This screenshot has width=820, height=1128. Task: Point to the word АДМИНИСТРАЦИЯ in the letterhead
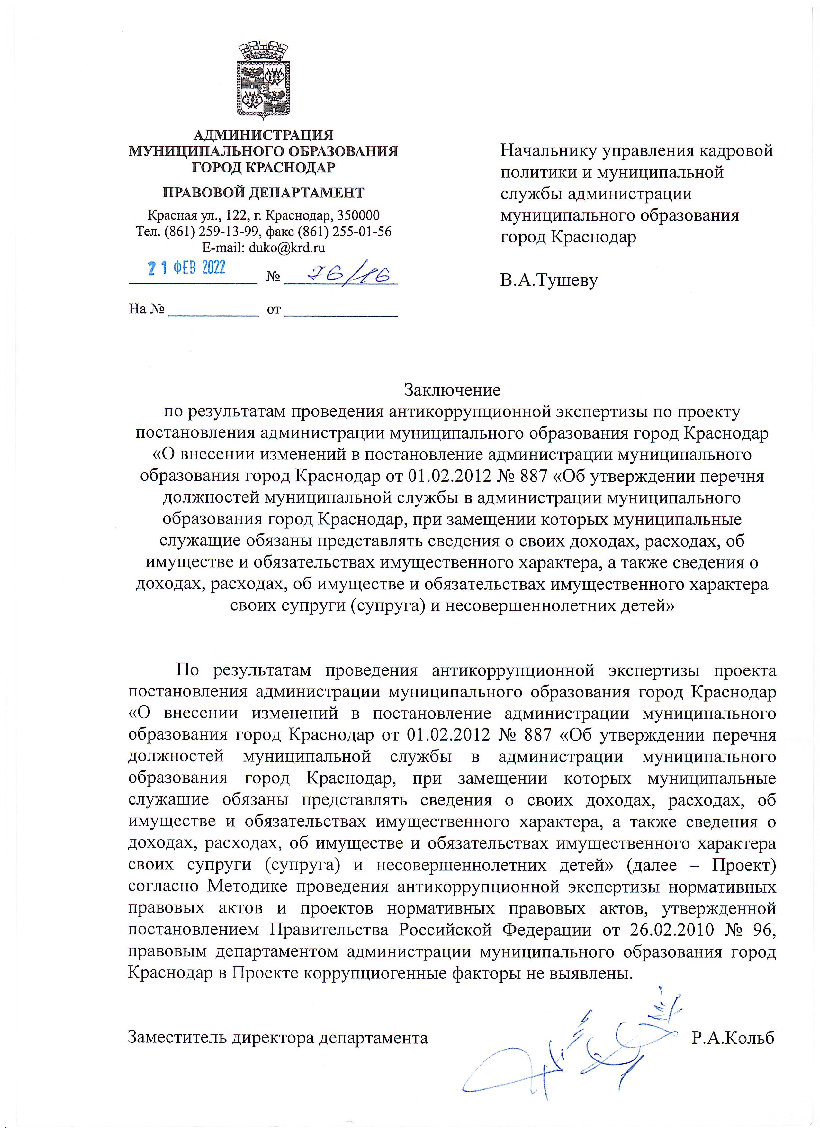tap(263, 135)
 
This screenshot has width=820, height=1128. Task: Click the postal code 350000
tap(358, 215)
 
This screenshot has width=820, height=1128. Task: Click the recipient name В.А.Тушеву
tap(548, 280)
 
